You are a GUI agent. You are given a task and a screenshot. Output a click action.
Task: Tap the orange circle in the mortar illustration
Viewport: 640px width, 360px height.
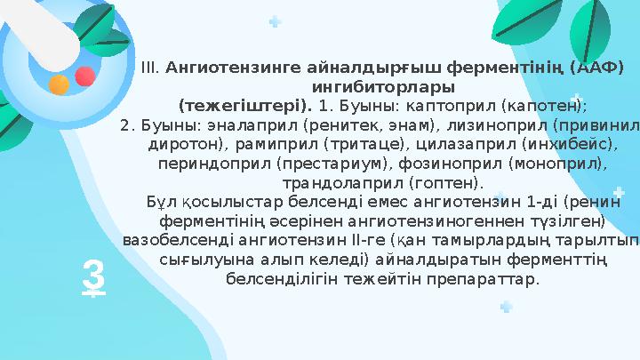point(59,84)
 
